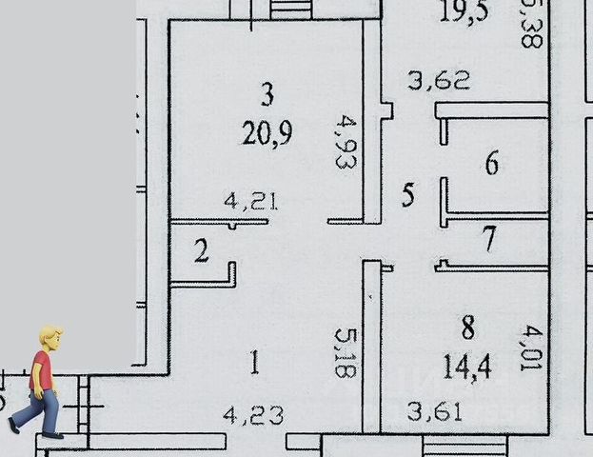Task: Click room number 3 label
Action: pos(267,94)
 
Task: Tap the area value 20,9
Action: pos(267,132)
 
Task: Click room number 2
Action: pos(202,252)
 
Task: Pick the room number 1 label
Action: pos(254,362)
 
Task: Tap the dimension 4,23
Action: pos(252,415)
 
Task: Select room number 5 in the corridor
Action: pos(408,196)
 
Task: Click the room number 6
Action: pos(491,164)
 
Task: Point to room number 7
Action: pos(489,239)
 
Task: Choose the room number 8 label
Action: pos(467,328)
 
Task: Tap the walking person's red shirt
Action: pos(40,370)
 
